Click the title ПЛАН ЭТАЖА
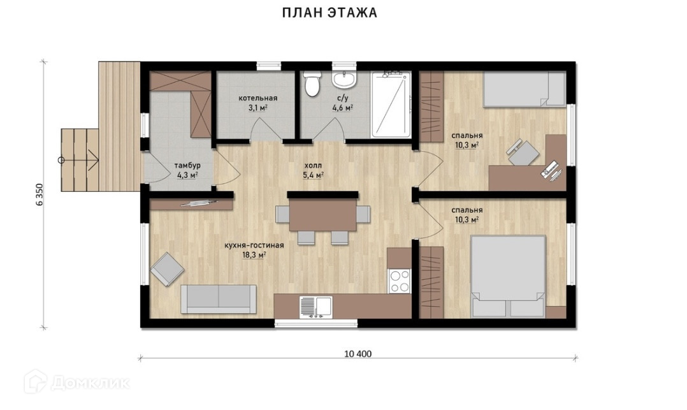[x=329, y=13]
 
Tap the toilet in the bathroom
[x=312, y=84]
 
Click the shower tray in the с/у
[x=391, y=105]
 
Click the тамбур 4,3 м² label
[x=187, y=171]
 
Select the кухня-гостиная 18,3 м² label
[x=254, y=250]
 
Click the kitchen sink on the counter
[x=315, y=307]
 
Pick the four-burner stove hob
[x=399, y=281]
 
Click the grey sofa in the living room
[x=219, y=299]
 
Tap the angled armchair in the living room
[x=167, y=269]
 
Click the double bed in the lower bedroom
[x=508, y=276]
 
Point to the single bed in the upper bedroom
[x=524, y=89]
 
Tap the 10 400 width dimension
[x=358, y=354]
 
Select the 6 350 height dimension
[x=40, y=194]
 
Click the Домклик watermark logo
[x=77, y=382]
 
